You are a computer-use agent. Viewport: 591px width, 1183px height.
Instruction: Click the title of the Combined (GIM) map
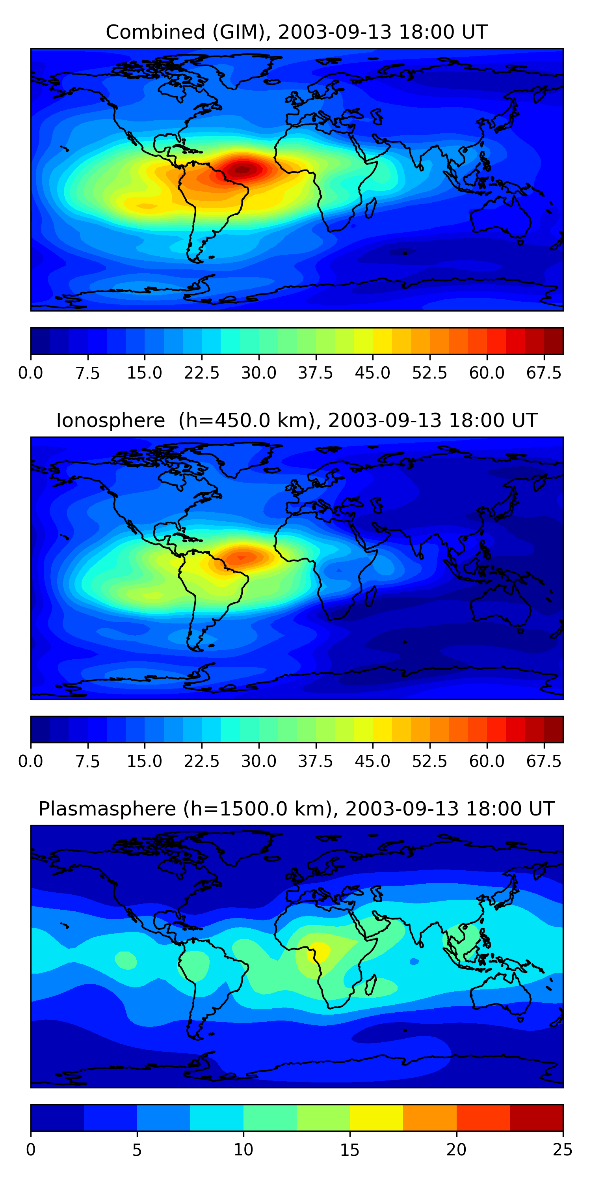click(296, 32)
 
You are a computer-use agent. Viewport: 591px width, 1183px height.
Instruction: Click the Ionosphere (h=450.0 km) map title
click(296, 420)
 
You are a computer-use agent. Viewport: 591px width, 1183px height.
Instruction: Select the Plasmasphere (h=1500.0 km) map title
click(296, 808)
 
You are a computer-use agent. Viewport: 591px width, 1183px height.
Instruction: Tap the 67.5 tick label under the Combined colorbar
click(544, 373)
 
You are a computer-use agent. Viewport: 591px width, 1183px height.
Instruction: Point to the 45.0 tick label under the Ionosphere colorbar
click(373, 761)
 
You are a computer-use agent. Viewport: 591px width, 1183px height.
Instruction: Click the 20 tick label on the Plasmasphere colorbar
click(456, 1149)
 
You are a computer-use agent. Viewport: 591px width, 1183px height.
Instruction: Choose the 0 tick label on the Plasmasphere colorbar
click(31, 1149)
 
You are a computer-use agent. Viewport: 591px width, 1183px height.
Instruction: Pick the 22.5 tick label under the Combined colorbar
click(201, 373)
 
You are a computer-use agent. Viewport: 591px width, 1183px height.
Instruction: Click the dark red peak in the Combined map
click(243, 170)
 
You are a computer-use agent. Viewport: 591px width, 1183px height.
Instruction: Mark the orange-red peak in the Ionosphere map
click(242, 557)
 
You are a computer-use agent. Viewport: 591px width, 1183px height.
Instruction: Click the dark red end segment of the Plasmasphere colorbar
click(536, 1117)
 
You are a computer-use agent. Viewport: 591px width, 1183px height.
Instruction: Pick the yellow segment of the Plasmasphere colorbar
click(376, 1117)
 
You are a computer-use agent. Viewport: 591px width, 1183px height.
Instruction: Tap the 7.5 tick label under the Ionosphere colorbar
click(87, 761)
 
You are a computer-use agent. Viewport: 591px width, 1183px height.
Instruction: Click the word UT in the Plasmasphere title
click(541, 808)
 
